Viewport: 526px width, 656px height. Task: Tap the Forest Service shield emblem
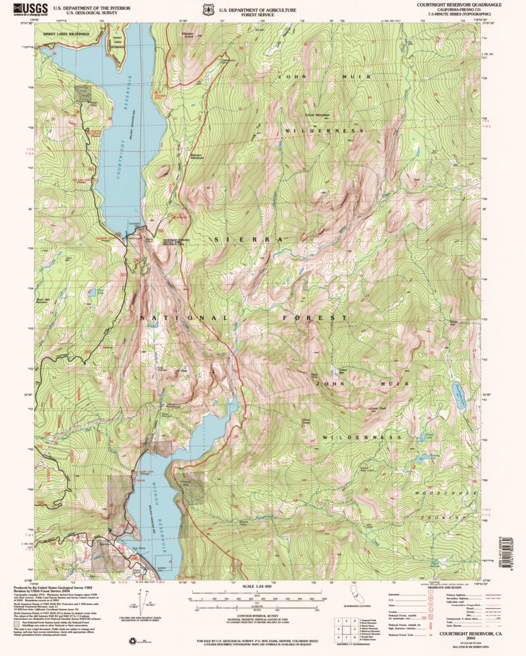pos(207,10)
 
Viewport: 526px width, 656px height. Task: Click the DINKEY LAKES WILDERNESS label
pos(66,32)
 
